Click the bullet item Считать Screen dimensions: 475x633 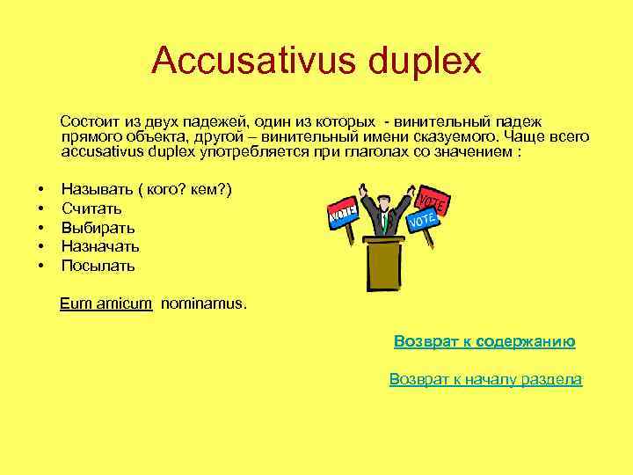point(91,209)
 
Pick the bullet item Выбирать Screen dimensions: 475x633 point(98,228)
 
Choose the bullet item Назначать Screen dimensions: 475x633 point(100,246)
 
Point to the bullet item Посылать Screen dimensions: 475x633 point(98,265)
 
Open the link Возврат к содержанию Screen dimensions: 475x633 point(484,341)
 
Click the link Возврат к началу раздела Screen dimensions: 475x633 point(485,379)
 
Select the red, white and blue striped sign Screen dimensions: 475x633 point(343,212)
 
